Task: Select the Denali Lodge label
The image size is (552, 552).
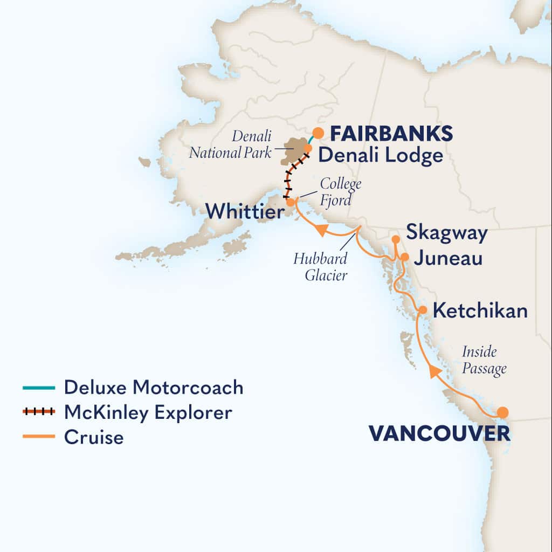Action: (380, 156)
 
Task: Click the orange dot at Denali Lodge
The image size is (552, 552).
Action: (308, 148)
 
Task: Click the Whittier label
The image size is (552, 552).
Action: (245, 211)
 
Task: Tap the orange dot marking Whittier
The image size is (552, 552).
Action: (291, 203)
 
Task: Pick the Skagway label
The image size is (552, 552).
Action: (447, 233)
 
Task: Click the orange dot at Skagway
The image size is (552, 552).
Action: (395, 239)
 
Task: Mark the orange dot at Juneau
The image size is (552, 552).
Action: (404, 257)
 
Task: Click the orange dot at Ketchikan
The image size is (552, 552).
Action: (423, 310)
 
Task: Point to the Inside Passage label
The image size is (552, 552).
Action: (484, 360)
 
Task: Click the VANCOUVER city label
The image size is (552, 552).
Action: (439, 433)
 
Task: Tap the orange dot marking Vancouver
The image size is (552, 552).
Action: (502, 412)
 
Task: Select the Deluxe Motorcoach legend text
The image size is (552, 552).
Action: (154, 387)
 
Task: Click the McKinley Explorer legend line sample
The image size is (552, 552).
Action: (39, 412)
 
